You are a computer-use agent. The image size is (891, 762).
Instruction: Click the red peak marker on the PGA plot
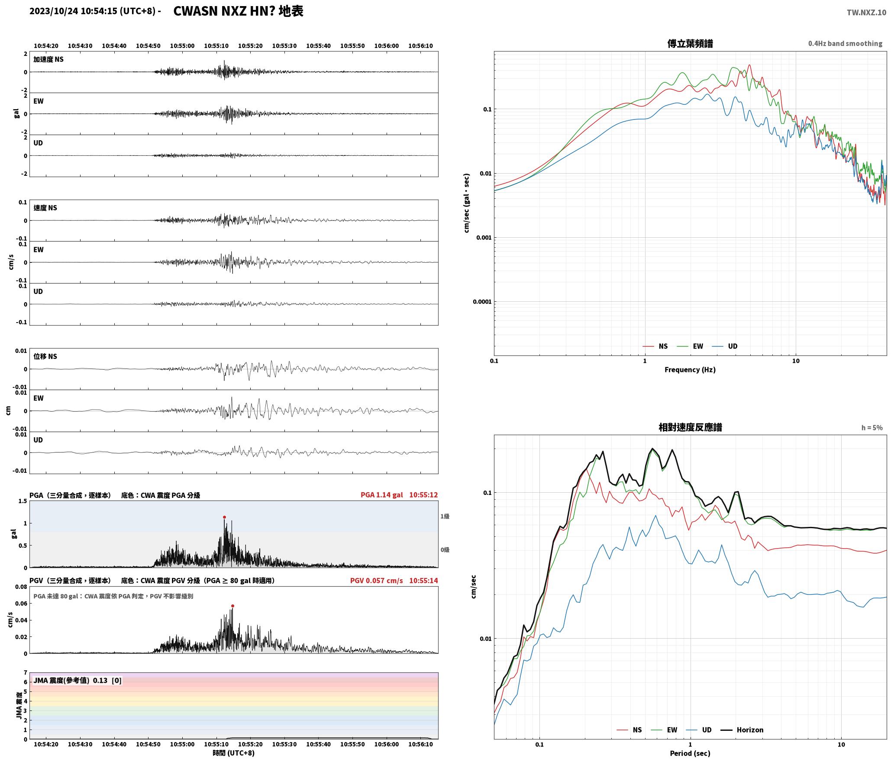tap(224, 517)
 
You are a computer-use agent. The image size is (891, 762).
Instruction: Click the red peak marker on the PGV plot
tap(232, 606)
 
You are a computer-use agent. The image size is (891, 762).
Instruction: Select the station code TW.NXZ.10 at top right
tap(866, 13)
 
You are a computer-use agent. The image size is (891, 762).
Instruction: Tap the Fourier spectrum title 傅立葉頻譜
tap(690, 44)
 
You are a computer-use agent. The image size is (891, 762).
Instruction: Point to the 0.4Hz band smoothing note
tap(845, 44)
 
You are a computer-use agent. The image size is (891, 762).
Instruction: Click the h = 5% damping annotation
tap(872, 428)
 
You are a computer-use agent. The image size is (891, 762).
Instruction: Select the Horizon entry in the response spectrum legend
tap(742, 730)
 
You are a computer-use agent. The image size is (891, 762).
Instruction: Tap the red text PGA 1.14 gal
tap(381, 495)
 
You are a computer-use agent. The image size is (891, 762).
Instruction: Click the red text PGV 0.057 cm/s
tap(376, 581)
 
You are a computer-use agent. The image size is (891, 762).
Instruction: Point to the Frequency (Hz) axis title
tap(690, 370)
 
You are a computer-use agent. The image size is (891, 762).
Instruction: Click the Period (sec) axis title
tap(690, 753)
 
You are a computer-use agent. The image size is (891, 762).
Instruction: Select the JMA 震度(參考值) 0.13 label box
tap(77, 680)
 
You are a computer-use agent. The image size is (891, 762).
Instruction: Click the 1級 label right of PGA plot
tap(445, 516)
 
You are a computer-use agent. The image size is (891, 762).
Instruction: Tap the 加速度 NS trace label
tap(48, 59)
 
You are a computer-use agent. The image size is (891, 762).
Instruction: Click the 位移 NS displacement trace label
tap(45, 356)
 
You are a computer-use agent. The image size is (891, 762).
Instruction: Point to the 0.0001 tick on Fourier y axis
tap(482, 302)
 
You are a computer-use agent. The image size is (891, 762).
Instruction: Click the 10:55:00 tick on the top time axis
tap(182, 46)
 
